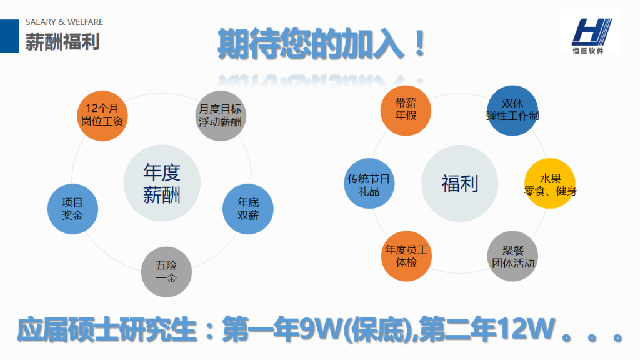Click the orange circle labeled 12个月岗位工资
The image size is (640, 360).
102,116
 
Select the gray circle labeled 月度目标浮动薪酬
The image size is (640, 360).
221,116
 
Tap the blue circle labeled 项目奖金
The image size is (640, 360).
72,209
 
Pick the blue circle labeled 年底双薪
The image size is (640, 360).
247,209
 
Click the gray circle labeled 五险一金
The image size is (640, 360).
166,272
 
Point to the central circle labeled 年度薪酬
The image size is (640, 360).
162,183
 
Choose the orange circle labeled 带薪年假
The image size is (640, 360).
406,110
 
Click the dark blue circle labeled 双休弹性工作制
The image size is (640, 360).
512,110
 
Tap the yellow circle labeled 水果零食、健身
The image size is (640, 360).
550,183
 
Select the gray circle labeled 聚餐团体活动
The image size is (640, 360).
512,256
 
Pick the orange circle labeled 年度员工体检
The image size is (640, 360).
406,256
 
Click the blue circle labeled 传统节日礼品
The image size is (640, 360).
369,183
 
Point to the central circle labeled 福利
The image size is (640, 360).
459,183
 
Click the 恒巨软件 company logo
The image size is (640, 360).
590,32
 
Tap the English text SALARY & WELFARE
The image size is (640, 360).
64,22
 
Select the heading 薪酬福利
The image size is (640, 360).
62,42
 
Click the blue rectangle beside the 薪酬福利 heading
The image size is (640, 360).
9,36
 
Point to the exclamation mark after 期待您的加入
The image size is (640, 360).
419,44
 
